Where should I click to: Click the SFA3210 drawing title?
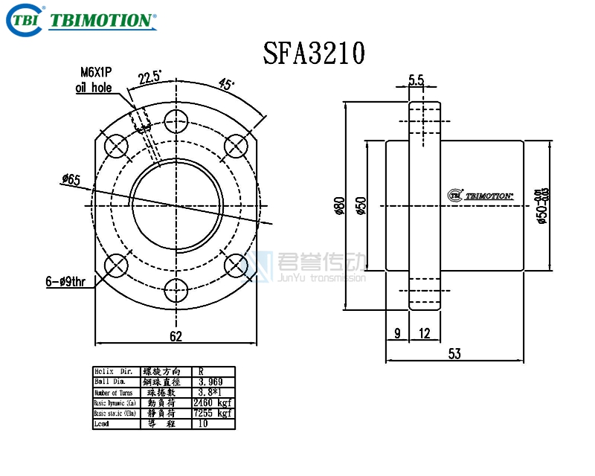313,53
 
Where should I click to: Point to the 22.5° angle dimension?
149,77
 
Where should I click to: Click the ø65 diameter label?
72,179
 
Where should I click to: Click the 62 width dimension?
176,336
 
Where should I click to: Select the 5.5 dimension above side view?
416,80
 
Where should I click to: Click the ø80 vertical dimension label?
339,205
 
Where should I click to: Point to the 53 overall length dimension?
454,355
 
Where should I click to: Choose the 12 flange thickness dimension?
425,334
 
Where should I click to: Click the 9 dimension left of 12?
397,334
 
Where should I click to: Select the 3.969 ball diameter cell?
213,381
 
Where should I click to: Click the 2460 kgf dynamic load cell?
213,402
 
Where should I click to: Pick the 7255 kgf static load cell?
213,412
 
